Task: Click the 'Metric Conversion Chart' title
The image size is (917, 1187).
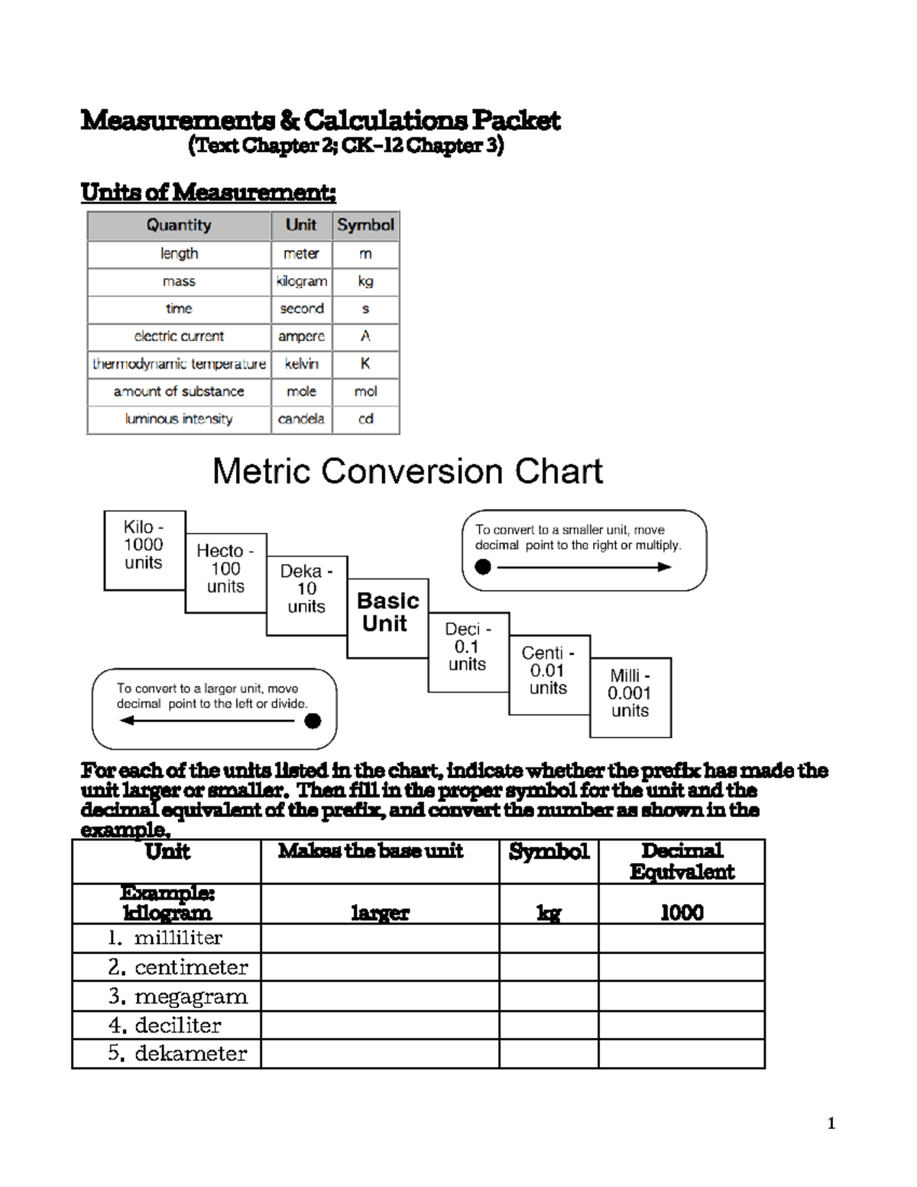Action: click(407, 472)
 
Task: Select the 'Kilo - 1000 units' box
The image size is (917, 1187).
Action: click(144, 550)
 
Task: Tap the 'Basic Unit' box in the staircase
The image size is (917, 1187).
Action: click(387, 617)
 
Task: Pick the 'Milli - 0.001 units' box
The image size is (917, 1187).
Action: click(630, 696)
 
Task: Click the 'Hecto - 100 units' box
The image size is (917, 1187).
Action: click(225, 572)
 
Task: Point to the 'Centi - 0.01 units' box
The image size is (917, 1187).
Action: click(549, 673)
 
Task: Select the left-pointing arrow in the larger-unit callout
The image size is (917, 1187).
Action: click(214, 720)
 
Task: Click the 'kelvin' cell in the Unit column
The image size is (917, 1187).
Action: click(301, 364)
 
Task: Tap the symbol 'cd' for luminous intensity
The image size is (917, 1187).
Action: click(365, 419)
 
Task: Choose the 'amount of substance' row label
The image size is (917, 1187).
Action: click(179, 391)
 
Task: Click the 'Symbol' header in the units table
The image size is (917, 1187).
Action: click(365, 225)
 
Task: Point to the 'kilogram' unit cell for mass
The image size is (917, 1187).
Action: click(301, 281)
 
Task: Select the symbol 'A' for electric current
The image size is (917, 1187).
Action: click(365, 336)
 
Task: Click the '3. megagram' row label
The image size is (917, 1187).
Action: click(178, 997)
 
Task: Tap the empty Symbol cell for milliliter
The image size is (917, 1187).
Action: click(549, 938)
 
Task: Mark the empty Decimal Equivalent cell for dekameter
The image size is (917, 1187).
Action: click(681, 1054)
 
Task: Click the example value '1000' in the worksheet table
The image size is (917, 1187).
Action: click(682, 912)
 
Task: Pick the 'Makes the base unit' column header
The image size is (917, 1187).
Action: click(371, 851)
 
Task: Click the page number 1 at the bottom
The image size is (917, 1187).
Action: click(831, 1124)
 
